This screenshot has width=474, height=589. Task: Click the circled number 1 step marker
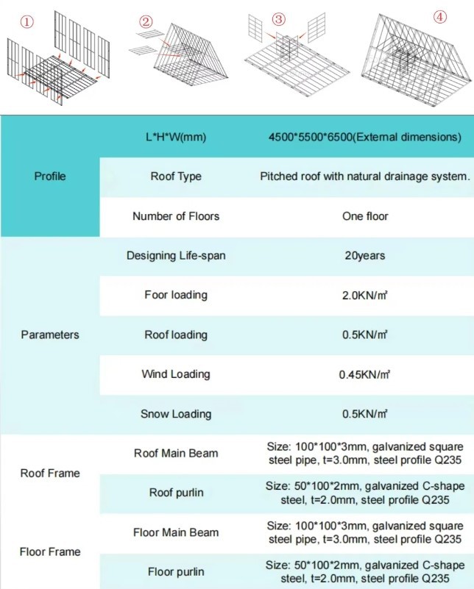click(27, 21)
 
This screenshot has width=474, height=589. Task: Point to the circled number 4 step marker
click(439, 17)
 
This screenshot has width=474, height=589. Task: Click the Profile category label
click(50, 176)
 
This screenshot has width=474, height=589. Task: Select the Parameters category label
click(50, 335)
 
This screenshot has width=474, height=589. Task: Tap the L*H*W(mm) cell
click(175, 137)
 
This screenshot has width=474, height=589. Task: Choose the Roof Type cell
click(175, 176)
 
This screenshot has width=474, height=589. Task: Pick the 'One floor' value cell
click(364, 216)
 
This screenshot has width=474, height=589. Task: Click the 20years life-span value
click(364, 256)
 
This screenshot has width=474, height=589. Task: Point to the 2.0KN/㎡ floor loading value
click(364, 296)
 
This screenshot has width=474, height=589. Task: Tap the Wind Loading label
click(175, 374)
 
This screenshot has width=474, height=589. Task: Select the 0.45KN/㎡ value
click(364, 374)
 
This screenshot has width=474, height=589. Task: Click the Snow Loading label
click(175, 414)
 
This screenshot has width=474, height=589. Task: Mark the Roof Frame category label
click(50, 473)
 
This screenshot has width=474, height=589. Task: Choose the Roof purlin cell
click(175, 493)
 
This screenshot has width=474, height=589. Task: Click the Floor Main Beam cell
click(175, 532)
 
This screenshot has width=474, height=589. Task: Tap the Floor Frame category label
click(50, 551)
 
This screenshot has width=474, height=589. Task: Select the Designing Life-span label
click(175, 256)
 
